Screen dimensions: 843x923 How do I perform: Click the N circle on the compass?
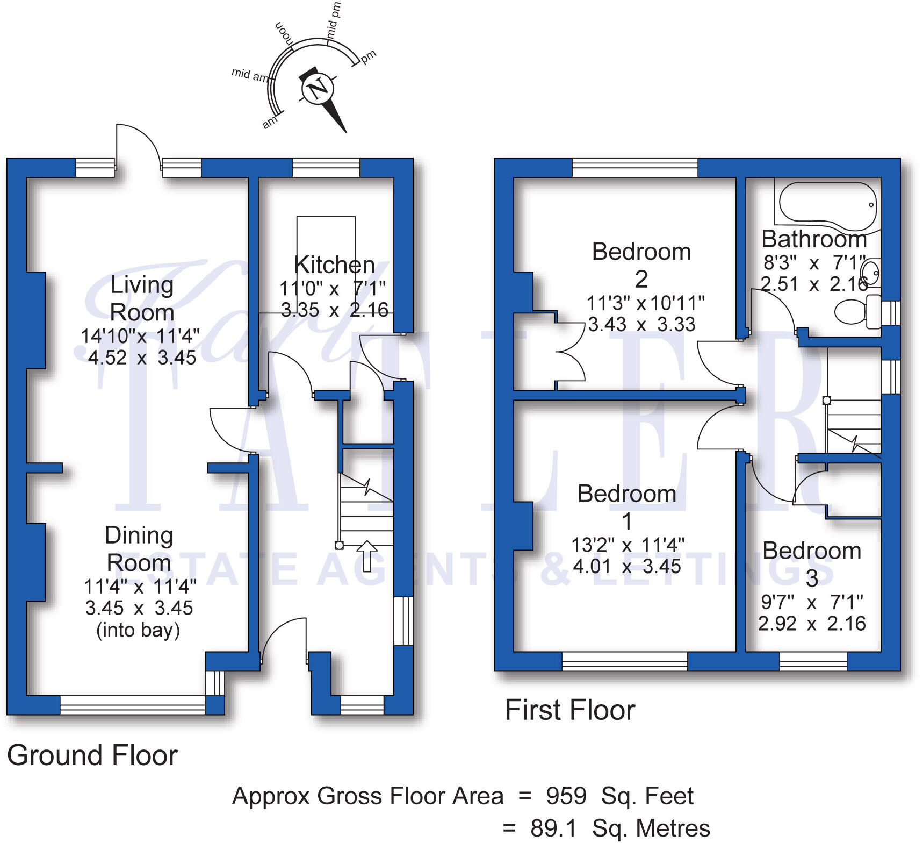point(318,88)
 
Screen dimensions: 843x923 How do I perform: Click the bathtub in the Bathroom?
point(828,203)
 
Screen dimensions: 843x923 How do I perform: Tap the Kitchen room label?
point(334,265)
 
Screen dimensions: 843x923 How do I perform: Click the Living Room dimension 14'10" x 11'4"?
point(140,337)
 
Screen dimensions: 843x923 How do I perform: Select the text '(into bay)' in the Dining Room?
point(138,630)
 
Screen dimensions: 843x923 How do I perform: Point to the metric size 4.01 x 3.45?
point(627,567)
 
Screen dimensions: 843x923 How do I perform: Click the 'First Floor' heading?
point(570,710)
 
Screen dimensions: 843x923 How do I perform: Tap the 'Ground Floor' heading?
point(92,755)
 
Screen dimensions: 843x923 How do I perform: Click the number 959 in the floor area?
point(566,796)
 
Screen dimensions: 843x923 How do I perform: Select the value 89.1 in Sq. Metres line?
point(553,828)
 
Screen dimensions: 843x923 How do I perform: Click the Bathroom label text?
point(814,239)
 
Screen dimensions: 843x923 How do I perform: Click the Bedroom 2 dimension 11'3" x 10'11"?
point(645,303)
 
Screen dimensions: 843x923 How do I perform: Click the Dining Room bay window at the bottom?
point(133,704)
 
